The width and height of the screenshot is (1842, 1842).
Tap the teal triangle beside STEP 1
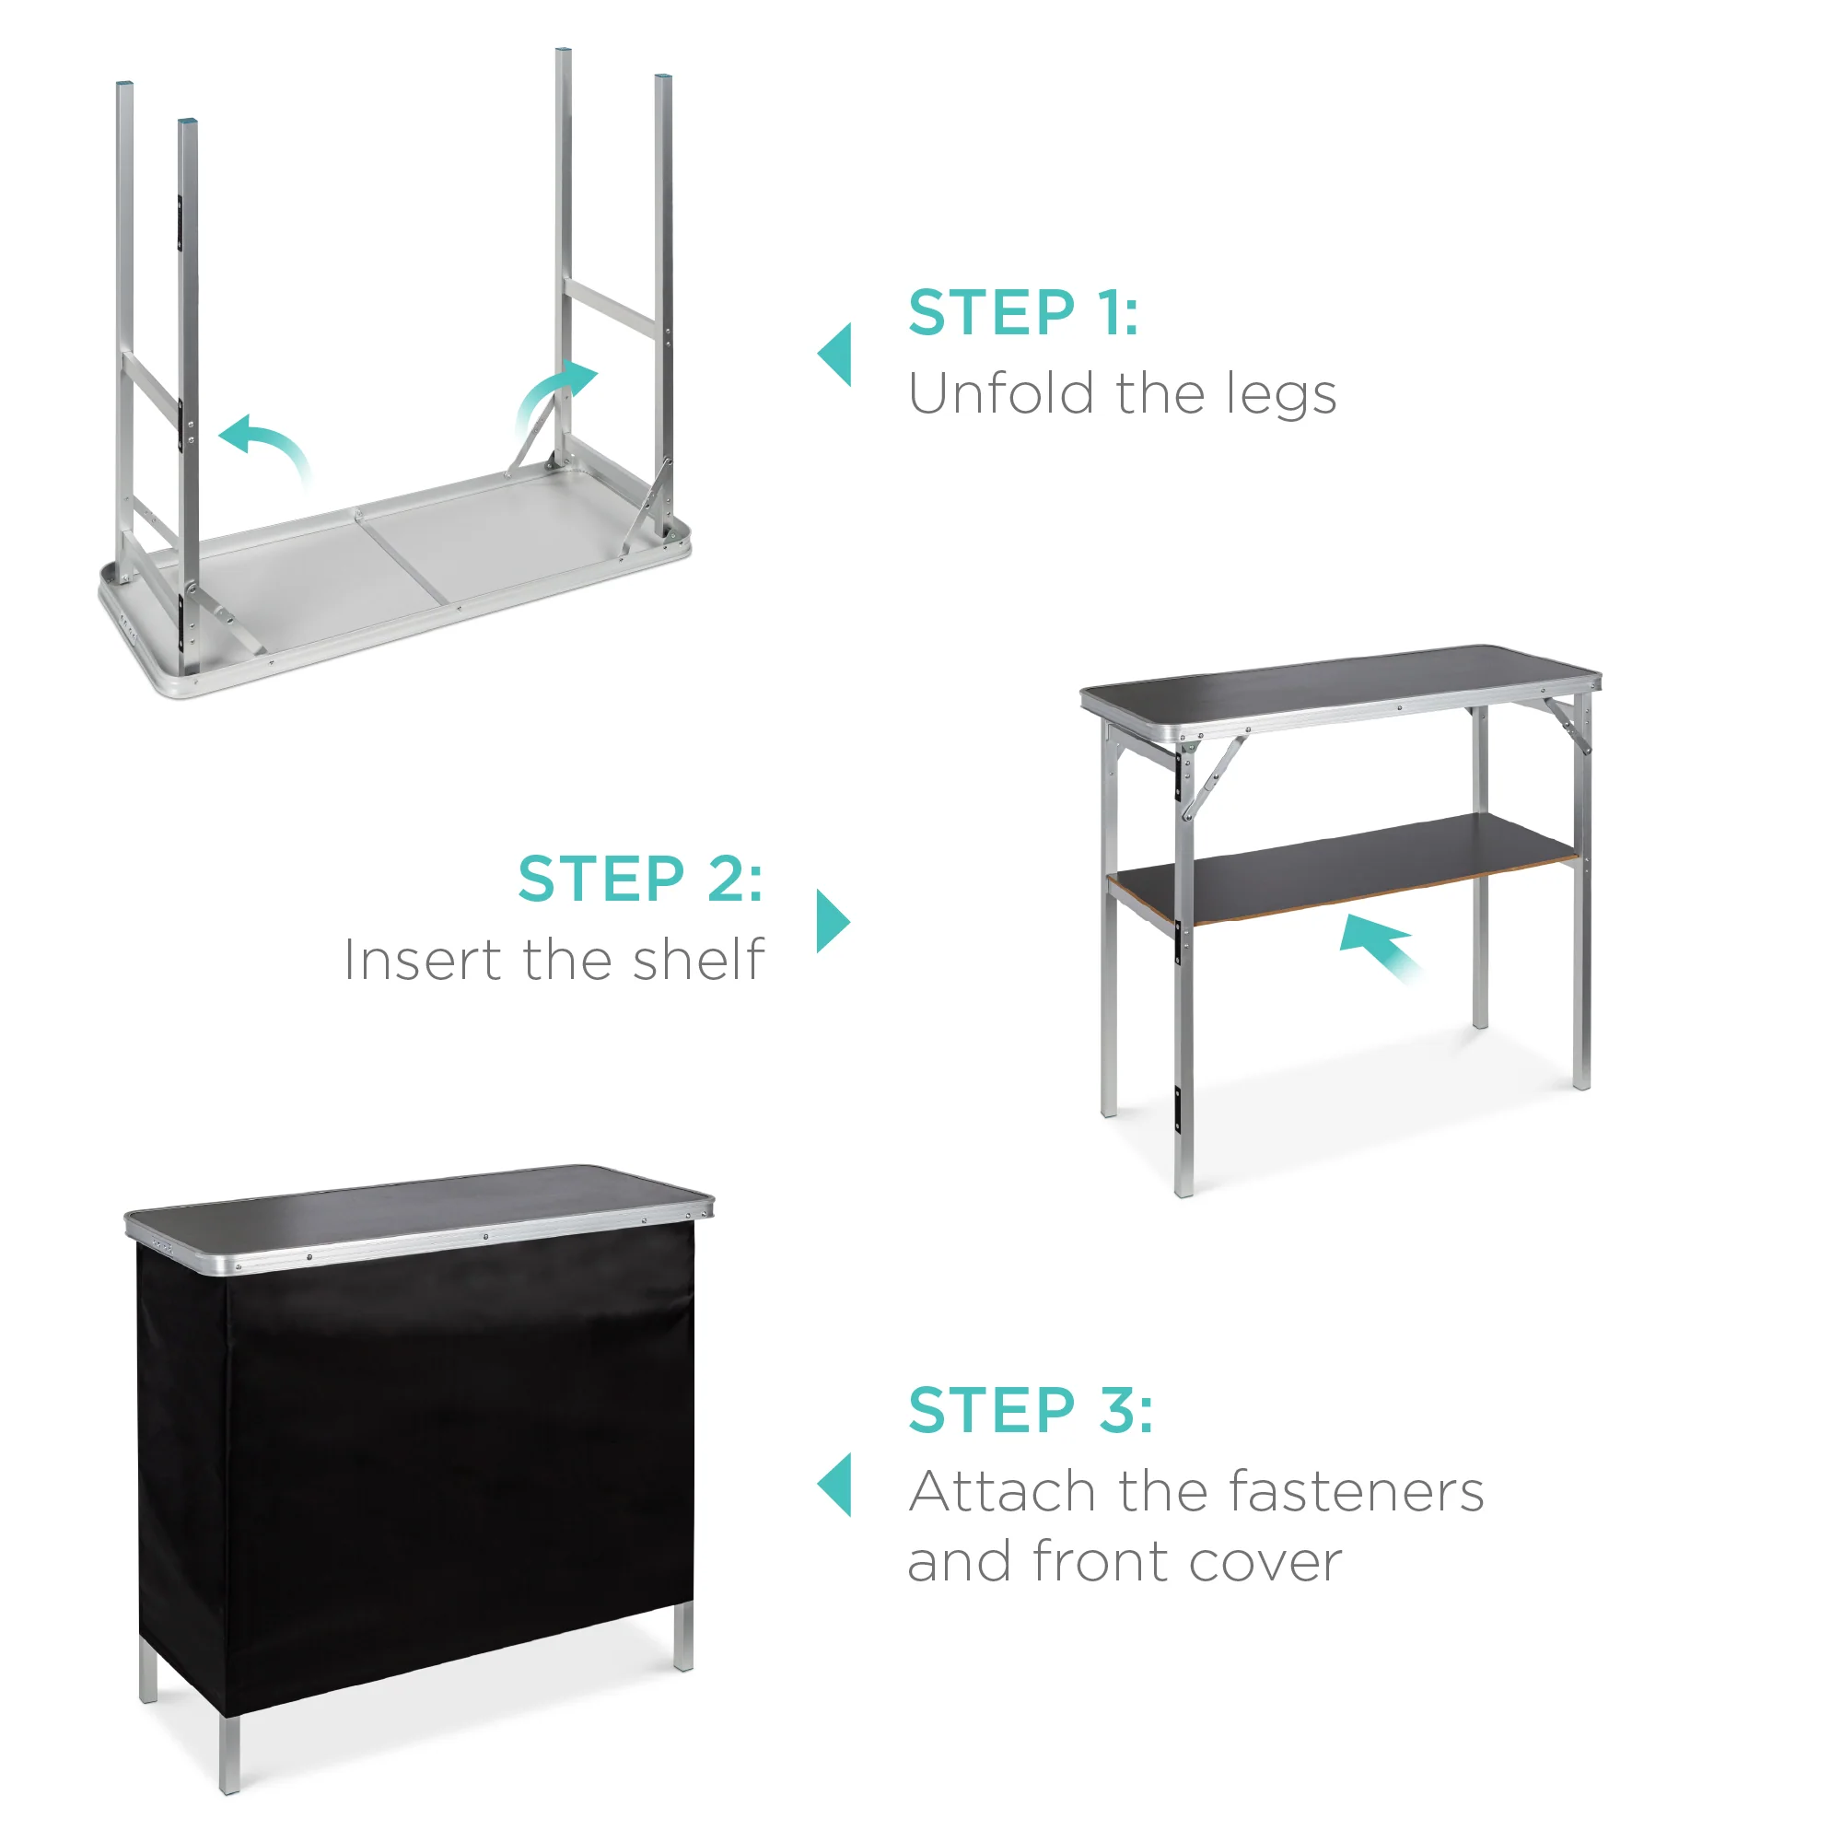(836, 355)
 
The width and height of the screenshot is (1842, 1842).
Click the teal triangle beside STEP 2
(833, 921)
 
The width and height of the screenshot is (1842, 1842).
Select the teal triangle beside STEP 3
(836, 1485)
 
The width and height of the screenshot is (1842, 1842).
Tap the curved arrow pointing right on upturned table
(556, 391)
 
